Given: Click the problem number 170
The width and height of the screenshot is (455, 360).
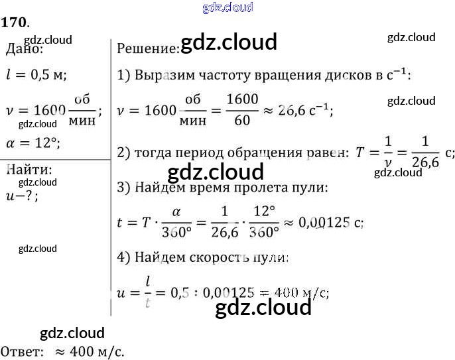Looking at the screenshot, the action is click(x=14, y=23).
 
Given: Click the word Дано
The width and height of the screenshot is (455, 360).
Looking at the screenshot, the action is click(x=25, y=49).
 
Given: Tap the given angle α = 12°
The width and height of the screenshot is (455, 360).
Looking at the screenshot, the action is click(x=32, y=142).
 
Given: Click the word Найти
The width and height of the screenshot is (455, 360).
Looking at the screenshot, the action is click(x=29, y=169).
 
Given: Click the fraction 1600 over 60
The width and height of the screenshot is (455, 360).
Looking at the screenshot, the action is click(x=242, y=109).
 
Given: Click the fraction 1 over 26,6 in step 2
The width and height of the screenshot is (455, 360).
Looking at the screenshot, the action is click(x=425, y=152).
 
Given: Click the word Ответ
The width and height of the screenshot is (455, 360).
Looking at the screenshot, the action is click(x=22, y=351).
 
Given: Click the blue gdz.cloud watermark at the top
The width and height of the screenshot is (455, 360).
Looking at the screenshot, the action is click(x=227, y=8).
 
